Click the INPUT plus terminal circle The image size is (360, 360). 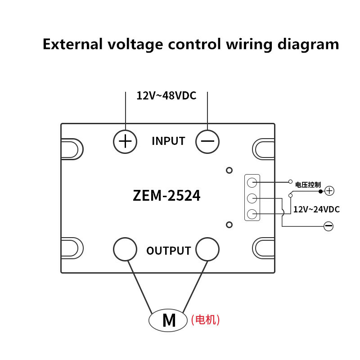[125, 141]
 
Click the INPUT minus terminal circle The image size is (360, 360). [207, 141]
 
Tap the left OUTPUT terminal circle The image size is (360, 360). [125, 249]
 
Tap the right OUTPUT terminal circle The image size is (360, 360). [207, 249]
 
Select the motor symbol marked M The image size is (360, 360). [168, 320]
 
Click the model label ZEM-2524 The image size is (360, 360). [166, 196]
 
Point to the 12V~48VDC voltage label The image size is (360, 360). [166, 96]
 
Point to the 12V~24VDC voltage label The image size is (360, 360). [316, 209]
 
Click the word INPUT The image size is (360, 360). [168, 141]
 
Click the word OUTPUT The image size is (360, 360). [169, 251]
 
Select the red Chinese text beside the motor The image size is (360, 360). [206, 320]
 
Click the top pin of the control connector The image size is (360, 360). [252, 182]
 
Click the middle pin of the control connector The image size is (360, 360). [252, 198]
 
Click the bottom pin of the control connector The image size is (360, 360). [252, 214]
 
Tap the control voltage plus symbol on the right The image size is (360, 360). [329, 191]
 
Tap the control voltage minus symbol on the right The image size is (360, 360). [328, 226]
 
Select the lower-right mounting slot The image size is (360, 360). [264, 247]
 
